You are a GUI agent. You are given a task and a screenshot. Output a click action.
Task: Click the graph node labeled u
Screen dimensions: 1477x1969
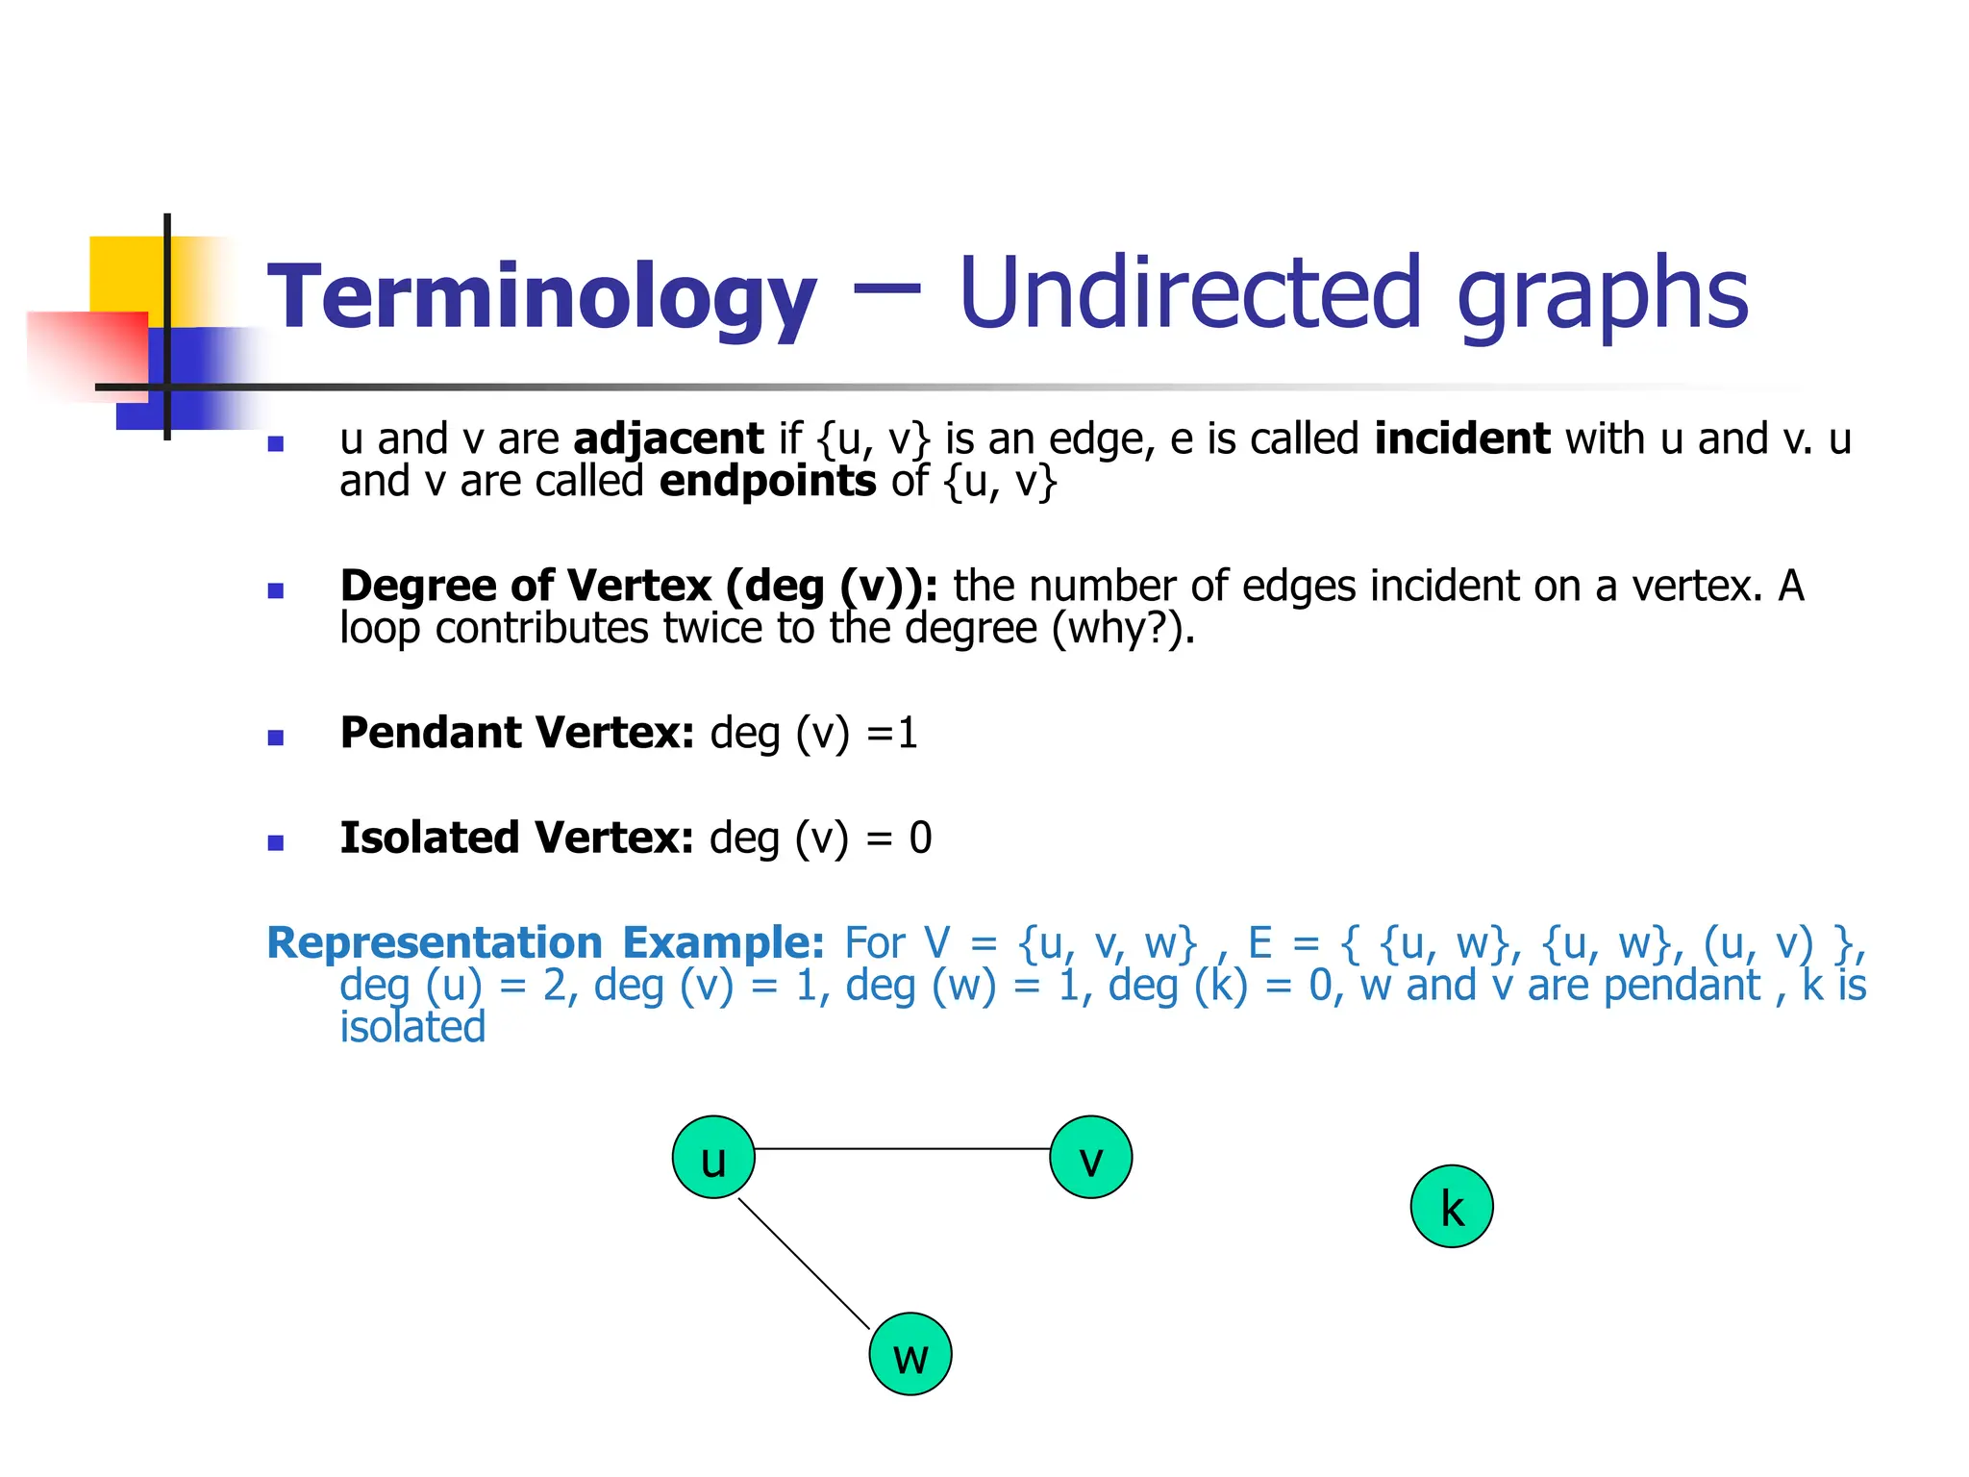(x=713, y=1157)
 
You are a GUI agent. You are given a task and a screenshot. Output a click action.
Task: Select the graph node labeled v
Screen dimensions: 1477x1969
(x=1090, y=1157)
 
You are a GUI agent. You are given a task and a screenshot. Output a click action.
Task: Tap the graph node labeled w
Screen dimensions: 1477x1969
(x=910, y=1354)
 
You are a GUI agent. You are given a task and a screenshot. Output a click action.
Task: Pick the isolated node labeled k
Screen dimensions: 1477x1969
(x=1452, y=1207)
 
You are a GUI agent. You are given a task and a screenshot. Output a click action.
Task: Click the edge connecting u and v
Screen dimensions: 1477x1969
(x=902, y=1148)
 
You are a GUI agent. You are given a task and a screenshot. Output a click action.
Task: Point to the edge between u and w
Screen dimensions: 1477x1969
(x=804, y=1264)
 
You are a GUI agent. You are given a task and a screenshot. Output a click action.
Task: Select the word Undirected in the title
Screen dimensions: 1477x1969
(x=1189, y=292)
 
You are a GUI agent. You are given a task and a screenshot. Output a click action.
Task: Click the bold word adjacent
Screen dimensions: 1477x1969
(x=668, y=439)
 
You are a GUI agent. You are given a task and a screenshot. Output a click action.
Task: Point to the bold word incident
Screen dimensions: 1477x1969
(x=1461, y=438)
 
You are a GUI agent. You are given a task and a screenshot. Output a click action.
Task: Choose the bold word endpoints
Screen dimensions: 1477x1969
(x=767, y=481)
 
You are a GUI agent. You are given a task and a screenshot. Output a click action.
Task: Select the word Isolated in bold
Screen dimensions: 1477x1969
(x=429, y=838)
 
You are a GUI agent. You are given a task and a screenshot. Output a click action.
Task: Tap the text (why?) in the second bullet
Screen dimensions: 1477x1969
(x=1123, y=629)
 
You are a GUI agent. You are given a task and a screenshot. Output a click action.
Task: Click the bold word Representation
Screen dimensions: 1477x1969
(x=435, y=943)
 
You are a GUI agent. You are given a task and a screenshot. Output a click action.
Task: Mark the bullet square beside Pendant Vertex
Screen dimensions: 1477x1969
(x=276, y=738)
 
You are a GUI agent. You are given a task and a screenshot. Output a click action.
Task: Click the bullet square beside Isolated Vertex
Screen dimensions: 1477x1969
(x=276, y=842)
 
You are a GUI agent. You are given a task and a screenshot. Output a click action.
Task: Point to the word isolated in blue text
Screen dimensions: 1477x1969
(x=412, y=1027)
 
